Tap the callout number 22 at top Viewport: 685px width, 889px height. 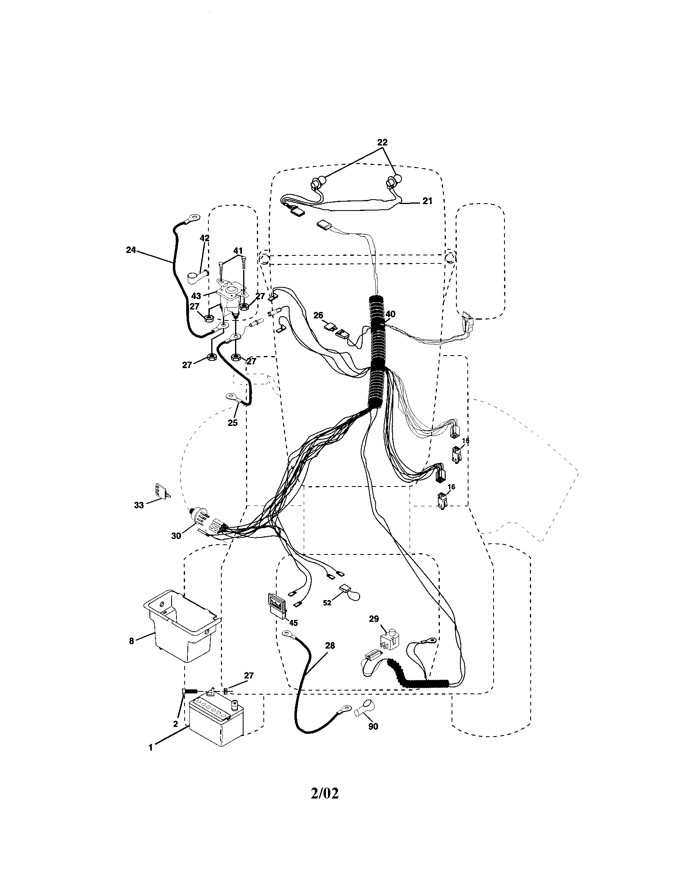pyautogui.click(x=382, y=143)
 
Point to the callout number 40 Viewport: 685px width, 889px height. pyautogui.click(x=390, y=314)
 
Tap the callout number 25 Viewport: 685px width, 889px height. pyautogui.click(x=232, y=423)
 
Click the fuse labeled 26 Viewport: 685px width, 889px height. pyautogui.click(x=330, y=327)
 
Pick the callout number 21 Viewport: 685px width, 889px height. pyautogui.click(x=427, y=201)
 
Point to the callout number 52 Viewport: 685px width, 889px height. pyautogui.click(x=327, y=603)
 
